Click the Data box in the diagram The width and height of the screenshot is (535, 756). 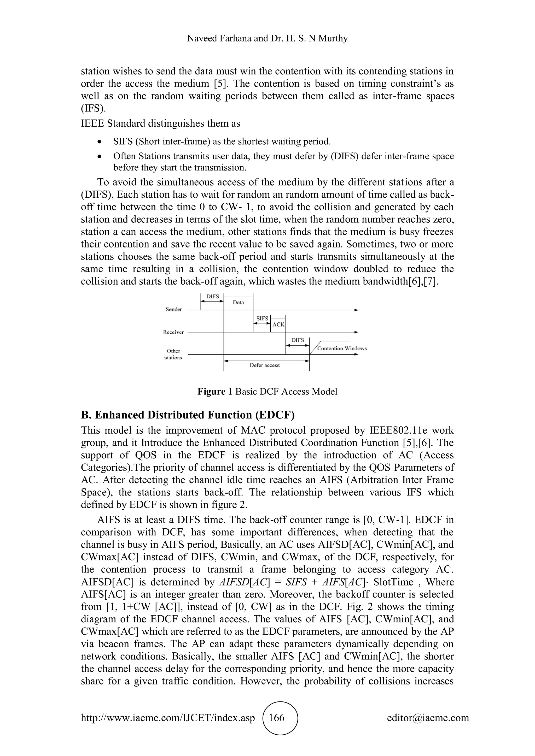[238, 303]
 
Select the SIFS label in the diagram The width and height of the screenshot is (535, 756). [262, 318]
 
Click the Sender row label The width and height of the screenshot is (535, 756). [174, 309]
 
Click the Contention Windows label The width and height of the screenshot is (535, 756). [342, 348]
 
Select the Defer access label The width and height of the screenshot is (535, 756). [265, 365]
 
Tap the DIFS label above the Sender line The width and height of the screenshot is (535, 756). [212, 296]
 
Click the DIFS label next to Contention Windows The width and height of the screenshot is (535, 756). [298, 340]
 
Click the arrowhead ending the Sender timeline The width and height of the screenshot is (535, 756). [356, 310]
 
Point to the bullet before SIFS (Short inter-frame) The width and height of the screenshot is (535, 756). [100, 142]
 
